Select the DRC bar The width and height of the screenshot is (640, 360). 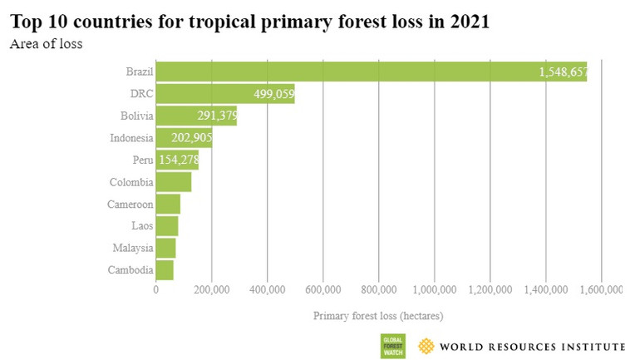224,94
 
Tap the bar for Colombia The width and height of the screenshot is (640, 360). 174,181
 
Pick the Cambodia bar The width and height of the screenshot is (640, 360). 165,270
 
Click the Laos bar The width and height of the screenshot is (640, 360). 167,225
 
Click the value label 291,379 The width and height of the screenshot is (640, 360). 217,116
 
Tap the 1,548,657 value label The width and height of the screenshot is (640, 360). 563,72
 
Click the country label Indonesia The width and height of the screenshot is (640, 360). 131,138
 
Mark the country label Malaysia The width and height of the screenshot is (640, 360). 132,248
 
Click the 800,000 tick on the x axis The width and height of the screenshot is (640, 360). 378,289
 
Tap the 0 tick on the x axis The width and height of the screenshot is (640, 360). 156,289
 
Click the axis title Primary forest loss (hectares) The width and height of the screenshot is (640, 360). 378,316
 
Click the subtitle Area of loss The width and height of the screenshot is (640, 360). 46,43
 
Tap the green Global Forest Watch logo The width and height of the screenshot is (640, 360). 392,345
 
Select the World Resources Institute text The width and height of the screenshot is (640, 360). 531,346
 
